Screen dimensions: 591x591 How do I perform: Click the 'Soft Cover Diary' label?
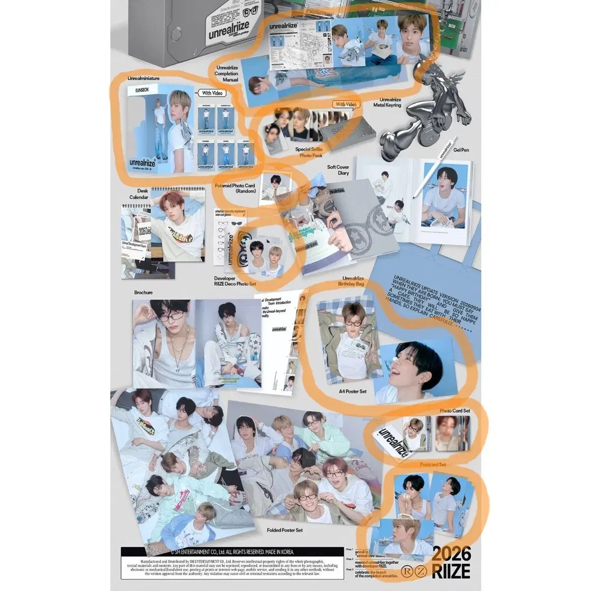pos(338,170)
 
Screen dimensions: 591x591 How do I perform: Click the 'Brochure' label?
pos(143,293)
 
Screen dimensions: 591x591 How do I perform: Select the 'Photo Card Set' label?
pos(455,410)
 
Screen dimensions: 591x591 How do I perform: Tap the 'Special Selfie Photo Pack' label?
pos(308,152)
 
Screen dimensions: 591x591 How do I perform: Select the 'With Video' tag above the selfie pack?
pos(347,104)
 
